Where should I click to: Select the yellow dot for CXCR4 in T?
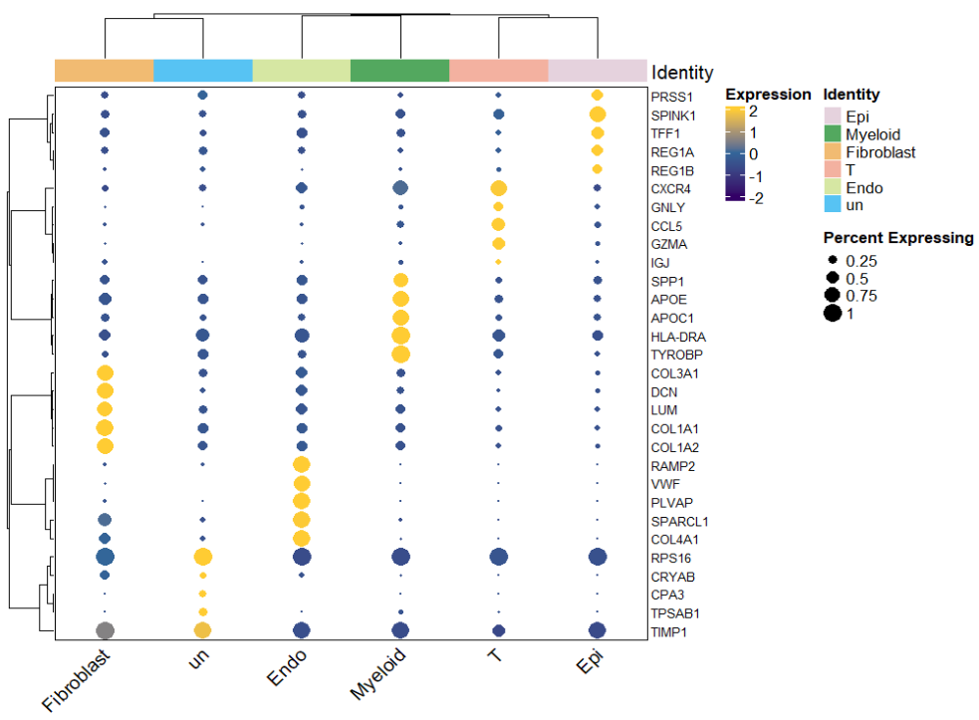(x=499, y=188)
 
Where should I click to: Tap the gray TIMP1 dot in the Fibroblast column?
(x=105, y=629)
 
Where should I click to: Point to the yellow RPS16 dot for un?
(x=202, y=556)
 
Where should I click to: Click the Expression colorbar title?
(x=768, y=95)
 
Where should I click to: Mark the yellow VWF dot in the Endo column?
(x=302, y=483)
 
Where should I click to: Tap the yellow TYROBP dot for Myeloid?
(x=400, y=354)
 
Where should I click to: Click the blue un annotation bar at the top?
(x=202, y=71)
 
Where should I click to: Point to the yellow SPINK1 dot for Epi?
(x=598, y=115)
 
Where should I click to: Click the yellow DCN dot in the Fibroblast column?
(x=105, y=390)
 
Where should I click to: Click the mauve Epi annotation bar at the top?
(x=598, y=71)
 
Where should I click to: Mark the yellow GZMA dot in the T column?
(x=499, y=244)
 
